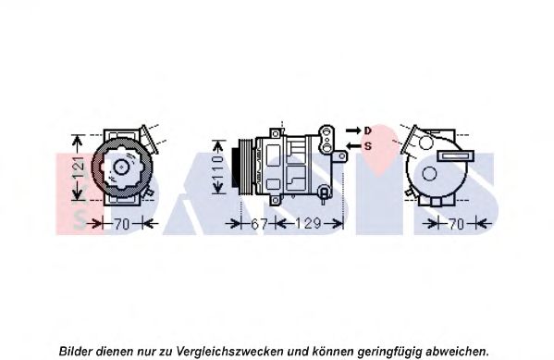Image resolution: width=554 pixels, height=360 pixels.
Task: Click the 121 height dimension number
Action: click(80, 167)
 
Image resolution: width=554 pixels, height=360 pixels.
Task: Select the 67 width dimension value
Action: click(259, 224)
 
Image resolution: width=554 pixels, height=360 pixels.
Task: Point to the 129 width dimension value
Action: click(308, 224)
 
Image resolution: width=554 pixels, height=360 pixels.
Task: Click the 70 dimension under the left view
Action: click(121, 224)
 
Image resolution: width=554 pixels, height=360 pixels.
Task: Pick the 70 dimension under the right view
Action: click(456, 224)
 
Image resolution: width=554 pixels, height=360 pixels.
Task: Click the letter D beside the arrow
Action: click(368, 130)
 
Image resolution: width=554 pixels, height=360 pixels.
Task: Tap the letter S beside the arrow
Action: click(368, 145)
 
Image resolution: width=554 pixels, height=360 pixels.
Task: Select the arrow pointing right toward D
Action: click(353, 130)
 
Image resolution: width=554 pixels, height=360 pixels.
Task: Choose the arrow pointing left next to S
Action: click(353, 145)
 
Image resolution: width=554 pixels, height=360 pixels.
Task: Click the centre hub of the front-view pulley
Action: click(121, 167)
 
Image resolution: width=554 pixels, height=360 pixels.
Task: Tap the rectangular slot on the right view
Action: click(455, 156)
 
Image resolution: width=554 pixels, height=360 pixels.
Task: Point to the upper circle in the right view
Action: click(425, 143)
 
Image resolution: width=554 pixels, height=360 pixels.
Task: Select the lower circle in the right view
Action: click(429, 173)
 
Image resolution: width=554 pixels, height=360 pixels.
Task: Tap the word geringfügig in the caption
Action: click(389, 352)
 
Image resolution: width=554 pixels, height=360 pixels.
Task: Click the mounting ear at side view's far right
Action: click(340, 156)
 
